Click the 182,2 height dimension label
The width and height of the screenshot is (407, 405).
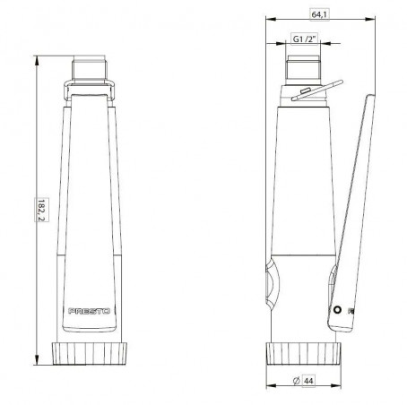coord(42,210)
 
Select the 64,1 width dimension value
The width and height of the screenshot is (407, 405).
coord(319,14)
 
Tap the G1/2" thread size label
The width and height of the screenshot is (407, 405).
coord(304,39)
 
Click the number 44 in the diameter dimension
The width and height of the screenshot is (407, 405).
coord(308,381)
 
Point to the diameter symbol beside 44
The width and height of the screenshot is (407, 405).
coord(297,381)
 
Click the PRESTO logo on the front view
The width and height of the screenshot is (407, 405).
coord(90,311)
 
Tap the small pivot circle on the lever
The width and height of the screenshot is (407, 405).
coord(337,310)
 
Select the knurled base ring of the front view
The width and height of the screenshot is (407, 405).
coord(90,353)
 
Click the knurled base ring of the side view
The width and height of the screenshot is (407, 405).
coord(303,353)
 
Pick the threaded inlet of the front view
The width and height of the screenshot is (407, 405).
coord(90,70)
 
